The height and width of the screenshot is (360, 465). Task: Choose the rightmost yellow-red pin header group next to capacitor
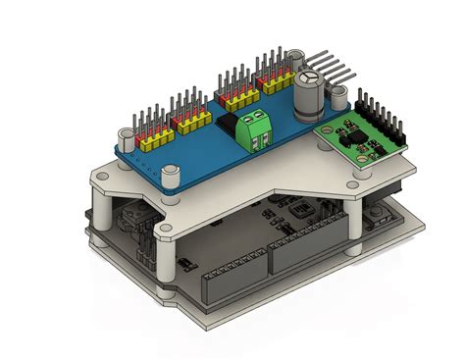[271, 82]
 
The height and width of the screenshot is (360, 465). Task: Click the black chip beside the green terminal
[228, 125]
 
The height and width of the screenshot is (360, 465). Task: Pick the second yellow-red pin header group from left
[188, 109]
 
